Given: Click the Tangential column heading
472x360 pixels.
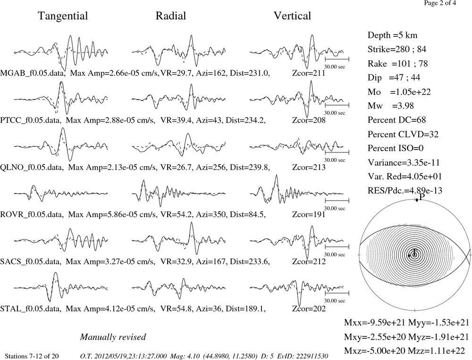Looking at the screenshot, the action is (63, 16).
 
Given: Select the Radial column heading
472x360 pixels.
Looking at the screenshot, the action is (171, 16).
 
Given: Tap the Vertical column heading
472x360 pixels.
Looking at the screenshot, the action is (292, 16).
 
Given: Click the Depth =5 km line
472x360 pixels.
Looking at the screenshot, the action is (392, 35).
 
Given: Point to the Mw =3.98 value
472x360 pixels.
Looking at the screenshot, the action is (390, 106).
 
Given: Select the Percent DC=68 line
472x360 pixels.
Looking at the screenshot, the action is (396, 120).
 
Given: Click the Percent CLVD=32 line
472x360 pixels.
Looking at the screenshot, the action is (403, 134).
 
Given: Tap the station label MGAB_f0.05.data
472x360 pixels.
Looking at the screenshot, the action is (33, 73).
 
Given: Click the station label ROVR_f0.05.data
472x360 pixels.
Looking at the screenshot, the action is (32, 215).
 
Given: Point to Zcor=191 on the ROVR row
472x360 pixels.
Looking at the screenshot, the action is (309, 214).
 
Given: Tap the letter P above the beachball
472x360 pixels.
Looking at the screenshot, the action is (422, 197).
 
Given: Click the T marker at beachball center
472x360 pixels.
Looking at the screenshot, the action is (415, 251).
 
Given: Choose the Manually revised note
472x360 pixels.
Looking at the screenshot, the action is (113, 337).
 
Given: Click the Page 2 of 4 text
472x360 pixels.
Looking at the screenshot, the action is (440, 3).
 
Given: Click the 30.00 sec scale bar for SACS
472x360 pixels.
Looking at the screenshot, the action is (337, 246).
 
